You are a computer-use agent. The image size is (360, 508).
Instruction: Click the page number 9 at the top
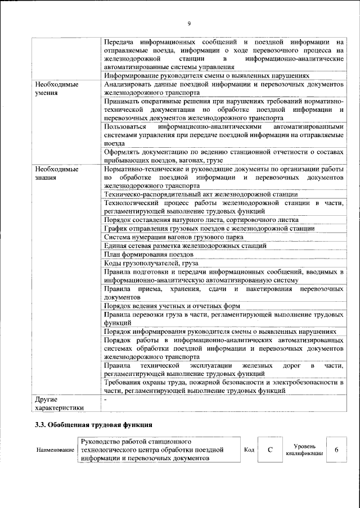pyautogui.click(x=189, y=23)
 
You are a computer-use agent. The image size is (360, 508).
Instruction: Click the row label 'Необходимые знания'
pyautogui.click(x=56, y=173)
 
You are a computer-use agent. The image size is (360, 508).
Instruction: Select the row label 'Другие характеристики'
pyautogui.click(x=59, y=403)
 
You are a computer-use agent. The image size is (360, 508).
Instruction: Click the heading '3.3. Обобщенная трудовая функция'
pyautogui.click(x=93, y=424)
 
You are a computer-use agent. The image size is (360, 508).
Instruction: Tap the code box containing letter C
pyautogui.click(x=271, y=450)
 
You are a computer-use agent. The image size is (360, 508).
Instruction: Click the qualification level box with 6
pyautogui.click(x=336, y=450)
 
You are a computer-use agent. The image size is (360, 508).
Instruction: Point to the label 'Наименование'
pyautogui.click(x=55, y=450)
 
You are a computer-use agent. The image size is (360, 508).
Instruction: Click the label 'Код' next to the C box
pyautogui.click(x=249, y=450)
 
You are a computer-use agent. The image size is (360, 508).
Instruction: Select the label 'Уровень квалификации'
pyautogui.click(x=304, y=450)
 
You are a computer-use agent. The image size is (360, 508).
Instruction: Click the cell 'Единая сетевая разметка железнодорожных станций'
pyautogui.click(x=186, y=246)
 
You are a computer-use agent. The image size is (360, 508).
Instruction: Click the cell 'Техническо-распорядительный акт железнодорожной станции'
pyautogui.click(x=201, y=194)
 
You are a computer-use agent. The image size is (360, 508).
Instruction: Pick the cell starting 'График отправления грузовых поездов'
pyautogui.click(x=209, y=228)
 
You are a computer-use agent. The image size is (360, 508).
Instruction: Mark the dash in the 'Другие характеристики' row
pyautogui.click(x=106, y=398)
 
